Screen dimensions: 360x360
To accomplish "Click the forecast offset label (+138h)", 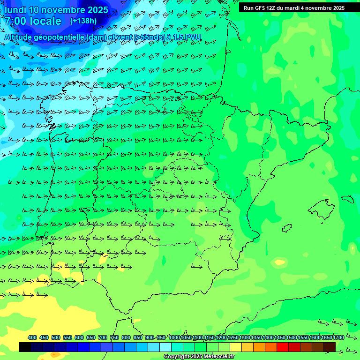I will pyautogui.click(x=83, y=21).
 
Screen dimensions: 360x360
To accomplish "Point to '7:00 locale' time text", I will pyautogui.click(x=33, y=21).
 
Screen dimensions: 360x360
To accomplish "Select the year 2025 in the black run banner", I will pyautogui.click(x=336, y=8).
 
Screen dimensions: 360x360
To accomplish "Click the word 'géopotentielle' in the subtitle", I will pyautogui.click(x=59, y=37).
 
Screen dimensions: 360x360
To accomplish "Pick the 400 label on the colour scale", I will pyautogui.click(x=32, y=337).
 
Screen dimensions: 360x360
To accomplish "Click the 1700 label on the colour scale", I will pyautogui.click(x=338, y=337).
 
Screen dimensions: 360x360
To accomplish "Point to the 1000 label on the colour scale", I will pyautogui.click(x=174, y=337).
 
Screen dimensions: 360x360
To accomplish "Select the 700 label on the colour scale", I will pyautogui.click(x=103, y=337).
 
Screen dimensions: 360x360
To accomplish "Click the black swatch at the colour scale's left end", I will pyautogui.click(x=25, y=347).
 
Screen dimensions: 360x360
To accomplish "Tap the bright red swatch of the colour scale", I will pyautogui.click(x=282, y=347).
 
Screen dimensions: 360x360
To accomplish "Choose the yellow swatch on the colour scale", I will pyautogui.click(x=235, y=347).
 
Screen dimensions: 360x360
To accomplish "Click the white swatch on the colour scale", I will pyautogui.click(x=165, y=347).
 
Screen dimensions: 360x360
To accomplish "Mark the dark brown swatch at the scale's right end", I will pyautogui.click(x=329, y=347).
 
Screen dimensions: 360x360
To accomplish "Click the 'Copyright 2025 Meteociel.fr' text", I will pyautogui.click(x=199, y=357).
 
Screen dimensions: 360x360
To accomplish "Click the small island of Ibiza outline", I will pyautogui.click(x=286, y=228).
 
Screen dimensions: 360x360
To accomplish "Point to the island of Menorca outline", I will pyautogui.click(x=347, y=199).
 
